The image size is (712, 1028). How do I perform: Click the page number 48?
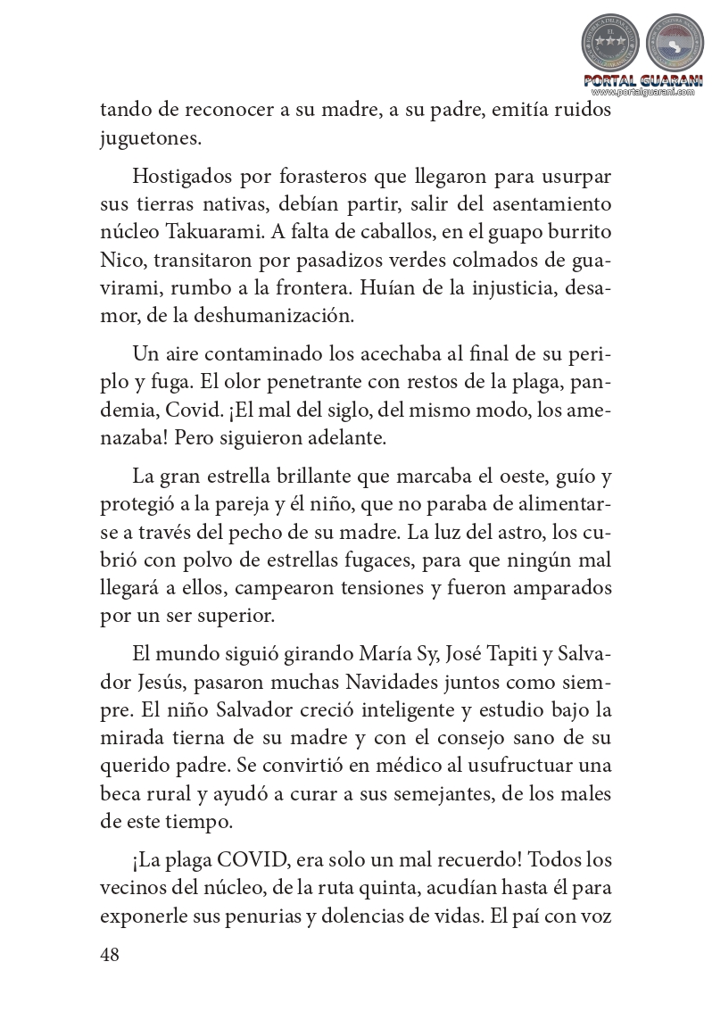click(x=110, y=954)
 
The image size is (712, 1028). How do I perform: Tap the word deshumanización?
click(x=269, y=315)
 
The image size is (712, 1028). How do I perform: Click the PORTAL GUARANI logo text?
click(x=642, y=80)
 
